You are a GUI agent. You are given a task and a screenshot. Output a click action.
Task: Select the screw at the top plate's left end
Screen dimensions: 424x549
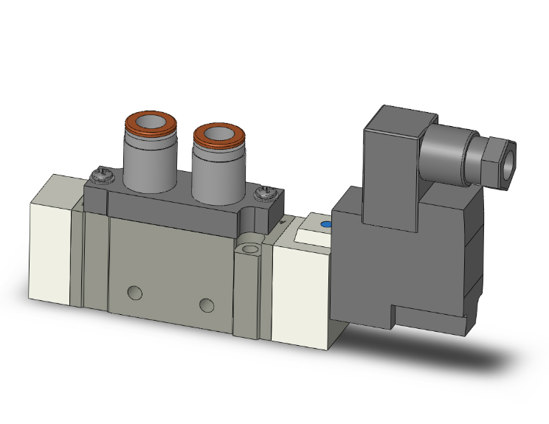tap(99, 175)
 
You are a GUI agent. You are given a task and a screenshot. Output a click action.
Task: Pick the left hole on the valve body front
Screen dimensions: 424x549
tap(134, 293)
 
